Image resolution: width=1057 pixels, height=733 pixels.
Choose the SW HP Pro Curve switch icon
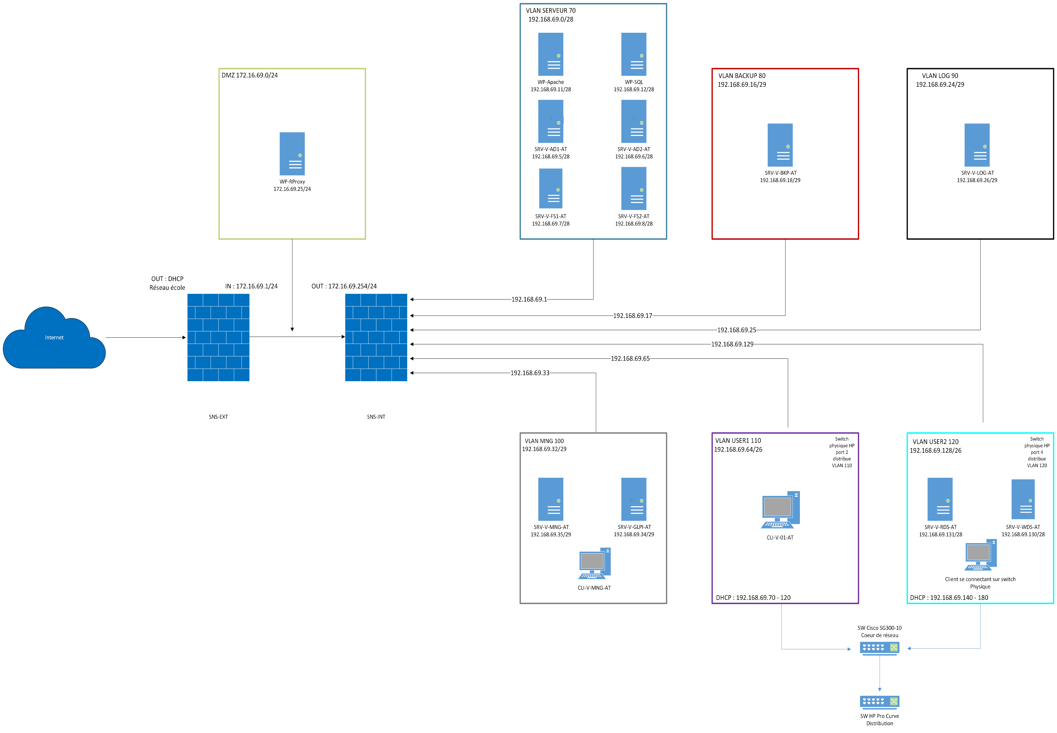coord(879,701)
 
